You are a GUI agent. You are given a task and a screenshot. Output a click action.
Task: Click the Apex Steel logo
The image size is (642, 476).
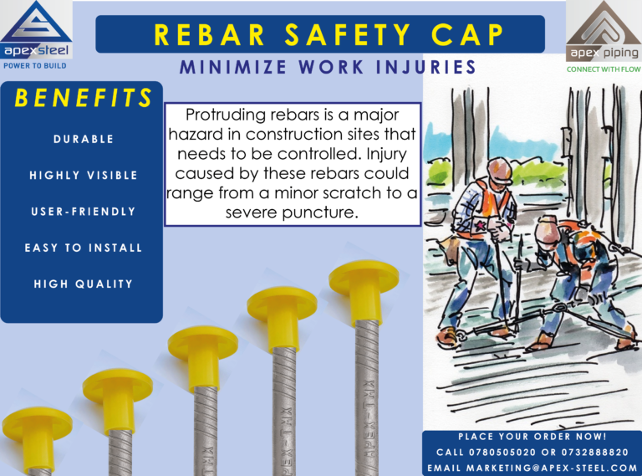coord(36,34)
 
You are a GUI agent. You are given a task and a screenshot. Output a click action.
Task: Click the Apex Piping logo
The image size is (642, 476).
coord(604,37)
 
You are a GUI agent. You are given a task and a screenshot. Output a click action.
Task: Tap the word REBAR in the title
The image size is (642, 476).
coord(210,35)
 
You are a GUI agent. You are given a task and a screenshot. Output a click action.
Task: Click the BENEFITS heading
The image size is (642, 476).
coord(83,98)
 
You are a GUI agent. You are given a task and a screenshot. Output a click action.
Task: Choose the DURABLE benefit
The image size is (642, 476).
coord(83,139)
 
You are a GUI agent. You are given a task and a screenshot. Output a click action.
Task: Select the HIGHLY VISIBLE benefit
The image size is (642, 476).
coord(83,176)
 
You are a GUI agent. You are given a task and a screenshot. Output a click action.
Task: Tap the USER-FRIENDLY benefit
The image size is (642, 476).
coord(83,212)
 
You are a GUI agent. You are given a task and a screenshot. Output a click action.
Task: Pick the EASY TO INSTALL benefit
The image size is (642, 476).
coord(83,248)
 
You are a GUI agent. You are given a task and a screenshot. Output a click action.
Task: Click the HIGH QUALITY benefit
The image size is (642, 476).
coord(83,284)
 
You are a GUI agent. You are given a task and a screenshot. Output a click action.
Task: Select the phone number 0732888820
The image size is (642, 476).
coord(594,453)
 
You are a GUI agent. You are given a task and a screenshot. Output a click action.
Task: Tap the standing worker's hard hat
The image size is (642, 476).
coord(501,170)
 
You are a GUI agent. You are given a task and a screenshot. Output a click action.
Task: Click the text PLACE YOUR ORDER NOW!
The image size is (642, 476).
coord(532,437)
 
